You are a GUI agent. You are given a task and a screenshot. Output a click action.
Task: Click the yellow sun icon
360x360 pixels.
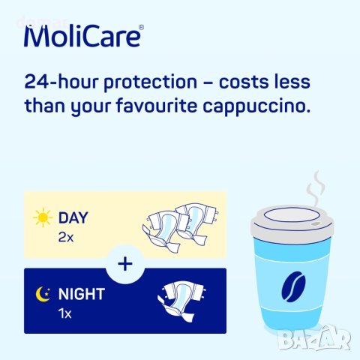point(42,219)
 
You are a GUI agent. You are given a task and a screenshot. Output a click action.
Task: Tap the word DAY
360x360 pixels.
point(73,218)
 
